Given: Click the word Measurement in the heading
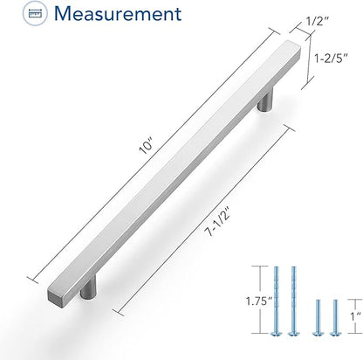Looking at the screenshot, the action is pyautogui.click(x=118, y=13).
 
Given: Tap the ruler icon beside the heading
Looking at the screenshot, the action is pyautogui.click(x=35, y=13).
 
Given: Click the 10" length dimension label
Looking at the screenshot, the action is pyautogui.click(x=146, y=147).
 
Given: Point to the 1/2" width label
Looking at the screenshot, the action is pyautogui.click(x=318, y=21).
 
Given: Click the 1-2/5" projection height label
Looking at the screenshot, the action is pyautogui.click(x=332, y=59).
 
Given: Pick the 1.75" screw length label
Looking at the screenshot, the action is pyautogui.click(x=259, y=301).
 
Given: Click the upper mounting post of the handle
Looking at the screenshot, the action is pyautogui.click(x=265, y=100).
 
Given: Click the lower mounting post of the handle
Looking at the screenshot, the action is pyautogui.click(x=88, y=287).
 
